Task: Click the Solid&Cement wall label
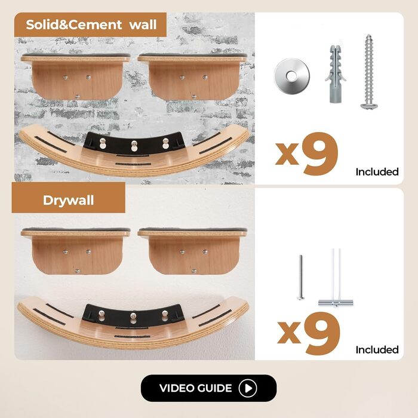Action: tap(91, 25)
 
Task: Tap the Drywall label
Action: tap(68, 201)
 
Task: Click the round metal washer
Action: tap(292, 76)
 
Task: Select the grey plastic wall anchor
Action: tap(336, 74)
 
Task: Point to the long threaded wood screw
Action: tap(369, 72)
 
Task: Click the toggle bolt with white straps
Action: tap(336, 277)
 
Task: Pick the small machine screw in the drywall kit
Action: tap(301, 277)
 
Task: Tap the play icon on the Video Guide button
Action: tap(248, 388)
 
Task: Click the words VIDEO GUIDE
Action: tap(196, 388)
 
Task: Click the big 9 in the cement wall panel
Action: tap(321, 154)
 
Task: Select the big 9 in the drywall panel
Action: tap(323, 333)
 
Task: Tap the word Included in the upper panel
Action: tap(377, 172)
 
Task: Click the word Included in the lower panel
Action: tap(377, 350)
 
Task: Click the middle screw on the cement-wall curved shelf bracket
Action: tap(134, 146)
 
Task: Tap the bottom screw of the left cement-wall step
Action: tap(77, 97)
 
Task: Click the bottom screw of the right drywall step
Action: tap(194, 271)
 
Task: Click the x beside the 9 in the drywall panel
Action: tap(289, 332)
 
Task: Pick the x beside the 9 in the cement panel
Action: tap(287, 153)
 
